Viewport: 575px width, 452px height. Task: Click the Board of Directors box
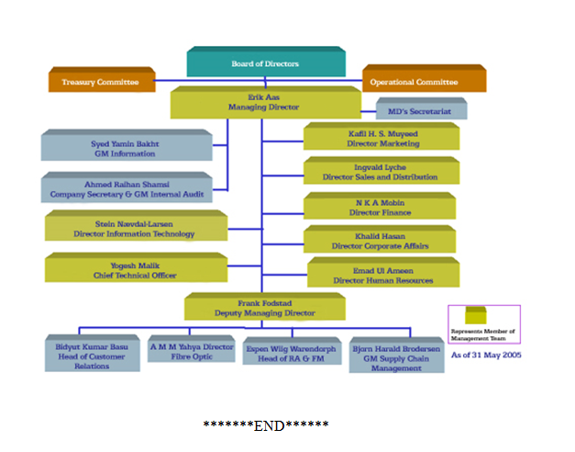pyautogui.click(x=266, y=63)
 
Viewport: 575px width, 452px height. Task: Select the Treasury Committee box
pyautogui.click(x=100, y=82)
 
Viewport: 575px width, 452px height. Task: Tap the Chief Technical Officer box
pyautogui.click(x=136, y=270)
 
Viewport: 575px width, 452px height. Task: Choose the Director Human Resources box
pyautogui.click(x=382, y=275)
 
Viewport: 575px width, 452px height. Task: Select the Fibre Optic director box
pyautogui.click(x=192, y=349)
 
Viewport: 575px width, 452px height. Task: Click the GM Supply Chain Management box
pyautogui.click(x=395, y=354)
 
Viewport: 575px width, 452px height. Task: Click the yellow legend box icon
pyautogui.click(x=475, y=316)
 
